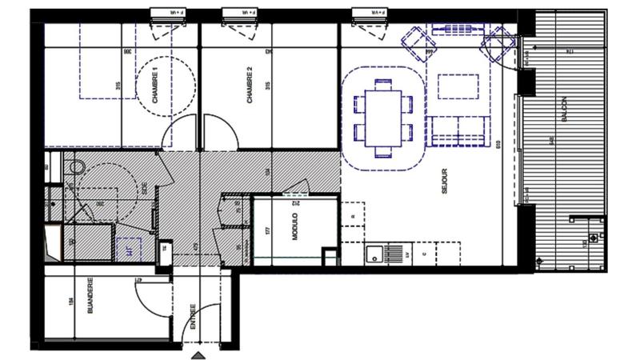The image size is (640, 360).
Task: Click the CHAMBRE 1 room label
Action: pos(155,86)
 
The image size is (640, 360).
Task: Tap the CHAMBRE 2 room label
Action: pos(250,86)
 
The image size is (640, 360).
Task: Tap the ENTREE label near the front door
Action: pos(194,317)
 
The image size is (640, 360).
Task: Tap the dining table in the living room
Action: pos(382,118)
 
